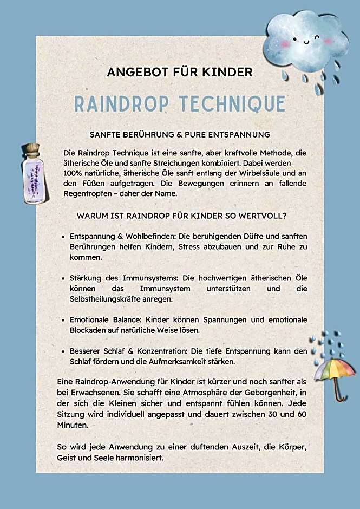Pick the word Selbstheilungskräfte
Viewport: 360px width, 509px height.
[108, 299]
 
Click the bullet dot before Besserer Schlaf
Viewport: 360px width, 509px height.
[64, 351]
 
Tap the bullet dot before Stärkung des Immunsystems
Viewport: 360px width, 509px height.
[64, 278]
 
